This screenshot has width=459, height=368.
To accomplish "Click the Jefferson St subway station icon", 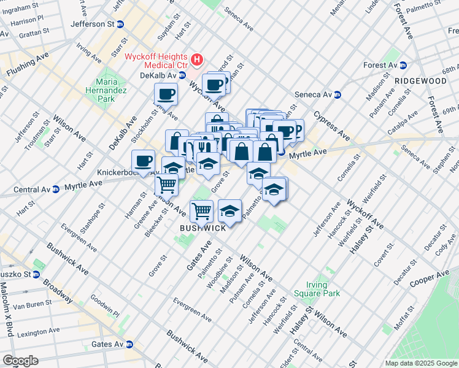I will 121,24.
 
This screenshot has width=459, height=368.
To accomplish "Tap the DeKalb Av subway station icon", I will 182,75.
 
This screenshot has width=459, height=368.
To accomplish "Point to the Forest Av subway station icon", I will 403,65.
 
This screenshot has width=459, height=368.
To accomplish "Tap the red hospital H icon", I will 197,59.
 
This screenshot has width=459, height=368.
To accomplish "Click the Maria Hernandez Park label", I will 106,90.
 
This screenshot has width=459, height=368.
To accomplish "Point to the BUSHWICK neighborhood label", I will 202,228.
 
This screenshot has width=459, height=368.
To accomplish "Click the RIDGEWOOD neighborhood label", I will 420,81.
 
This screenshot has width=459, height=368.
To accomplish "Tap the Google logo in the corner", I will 20,361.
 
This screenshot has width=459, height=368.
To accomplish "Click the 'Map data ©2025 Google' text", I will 421,363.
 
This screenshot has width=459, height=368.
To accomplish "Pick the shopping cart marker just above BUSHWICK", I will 201,212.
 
